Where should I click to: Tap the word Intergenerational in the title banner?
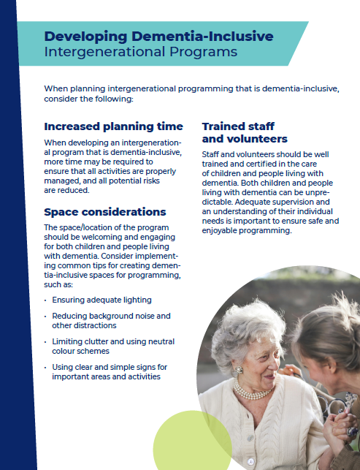click(91, 52)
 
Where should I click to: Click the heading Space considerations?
click(105, 212)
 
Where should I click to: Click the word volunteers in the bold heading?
click(256, 139)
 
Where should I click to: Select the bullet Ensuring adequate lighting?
click(102, 300)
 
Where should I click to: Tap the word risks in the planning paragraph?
click(180, 181)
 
